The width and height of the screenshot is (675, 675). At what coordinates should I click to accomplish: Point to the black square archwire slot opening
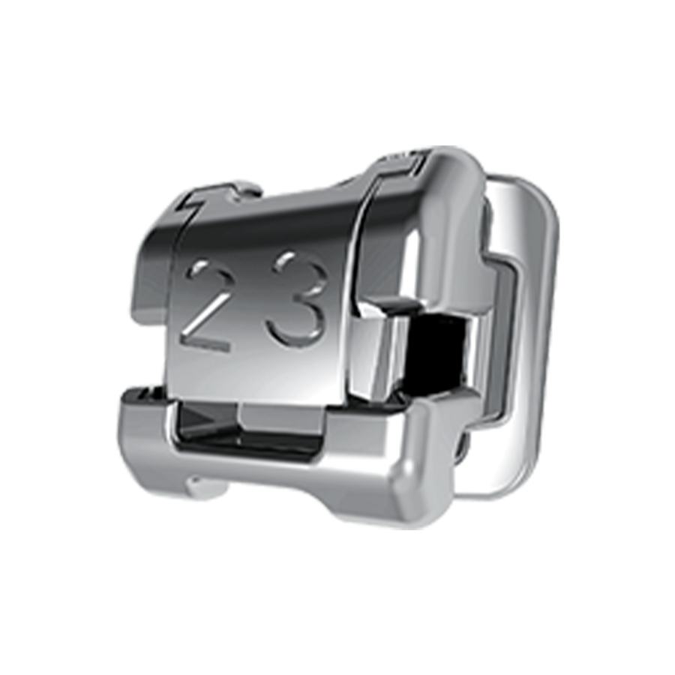tap(436, 344)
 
